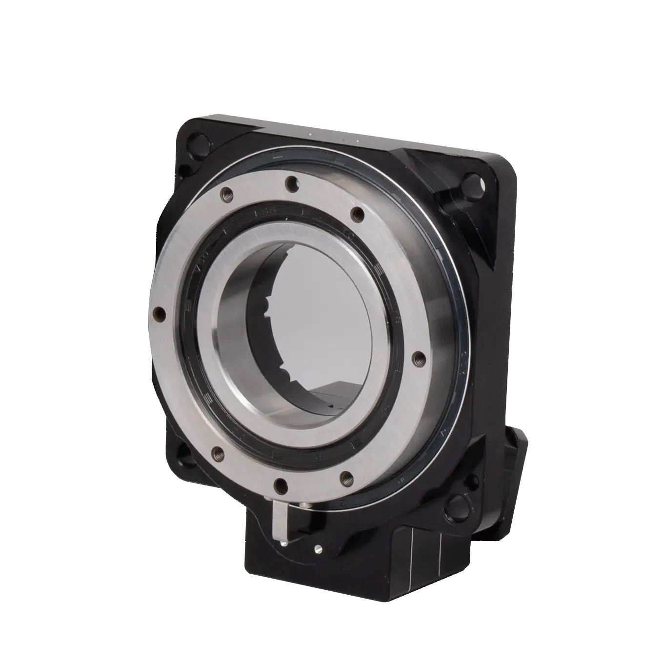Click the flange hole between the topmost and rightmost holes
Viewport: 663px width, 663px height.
tap(358, 214)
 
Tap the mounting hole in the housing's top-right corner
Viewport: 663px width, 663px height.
tap(471, 184)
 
